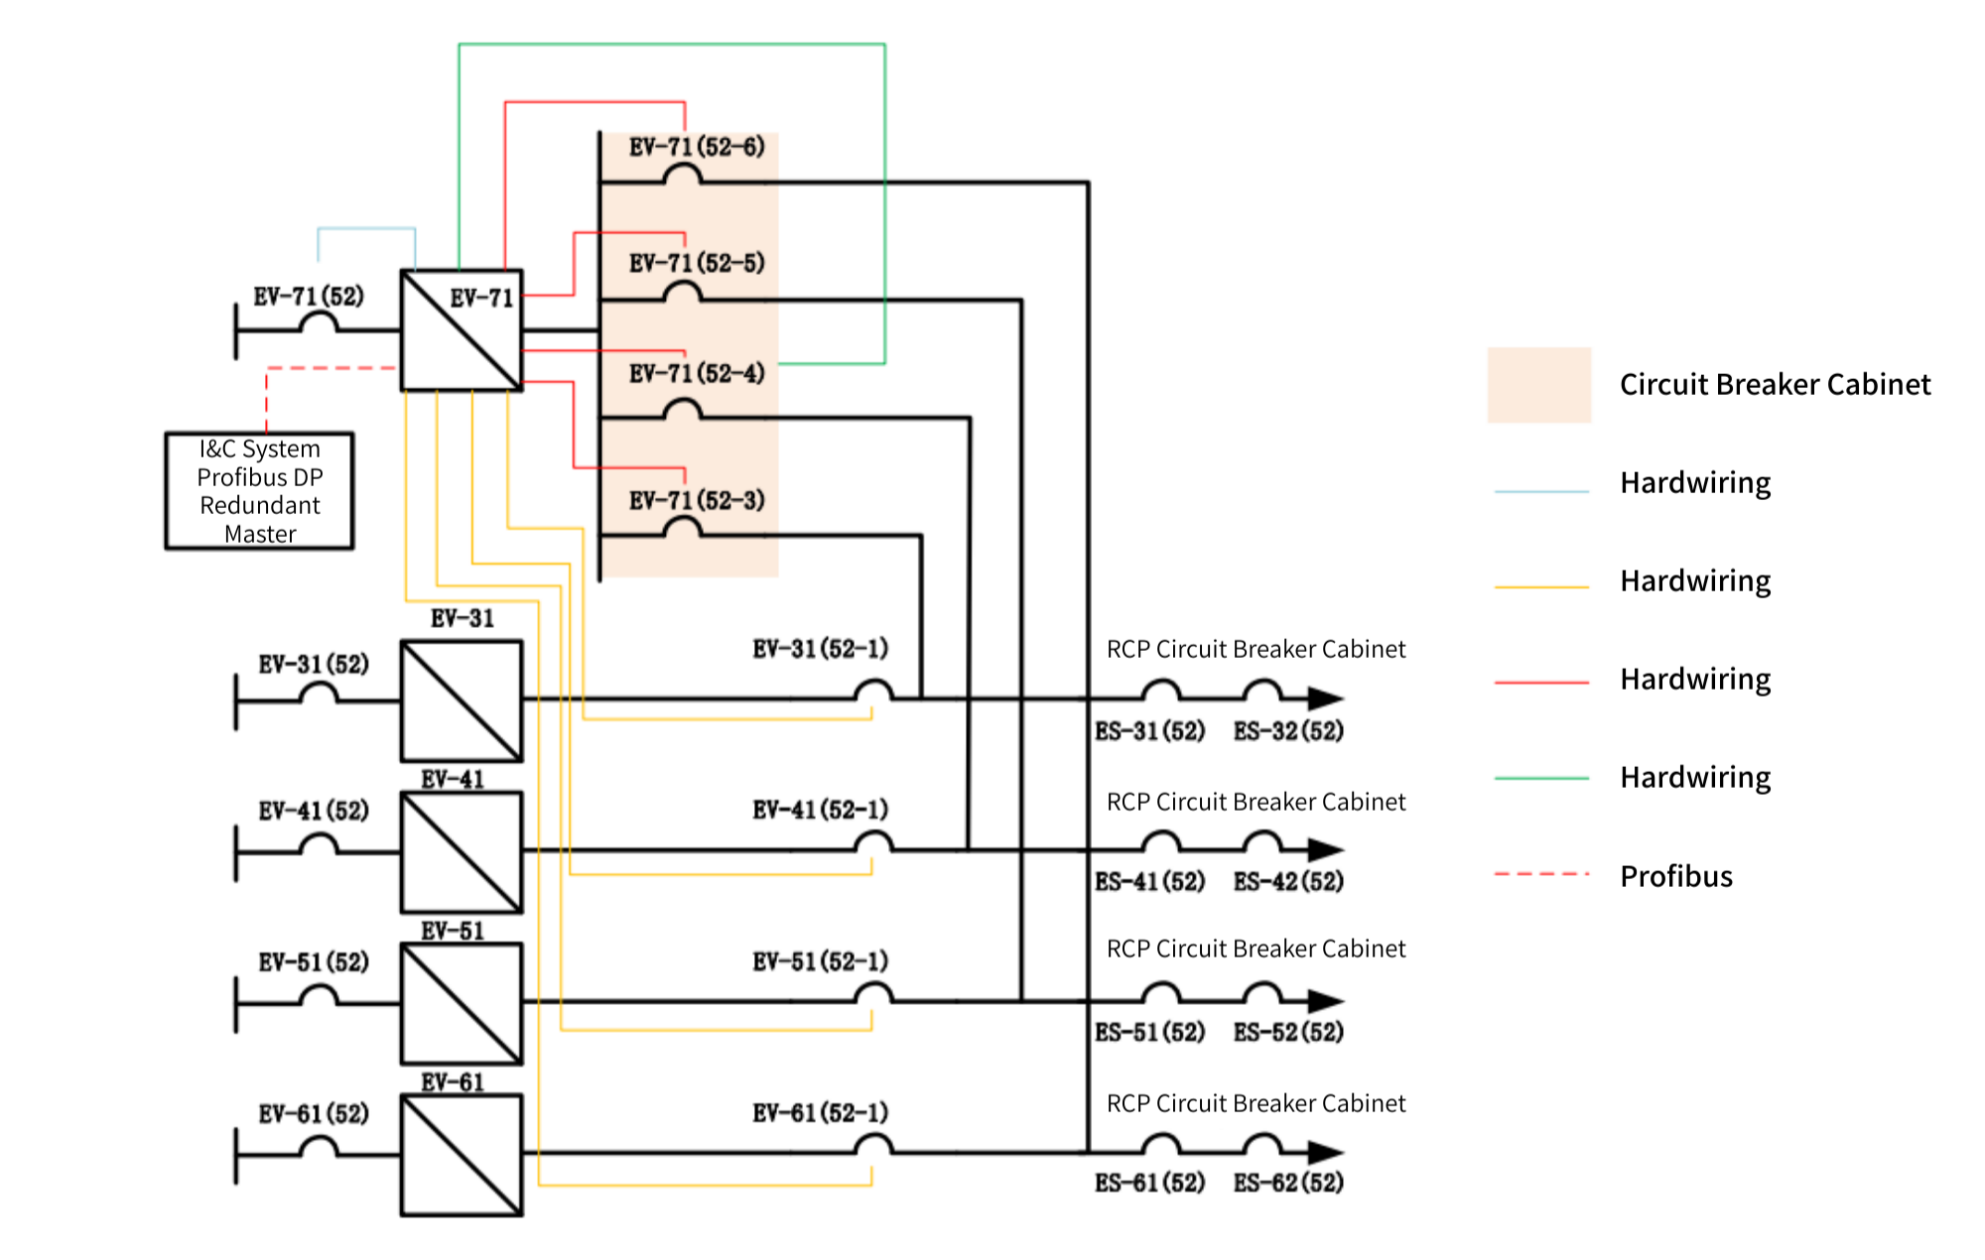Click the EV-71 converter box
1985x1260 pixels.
(x=461, y=330)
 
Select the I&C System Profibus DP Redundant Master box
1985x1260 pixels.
(x=259, y=491)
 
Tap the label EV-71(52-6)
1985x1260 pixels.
(x=697, y=147)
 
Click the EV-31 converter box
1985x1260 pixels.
(x=461, y=700)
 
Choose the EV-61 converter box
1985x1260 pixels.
(x=461, y=1155)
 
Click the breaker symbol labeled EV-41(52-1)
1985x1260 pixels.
(x=873, y=842)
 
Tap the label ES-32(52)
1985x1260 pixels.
(x=1288, y=731)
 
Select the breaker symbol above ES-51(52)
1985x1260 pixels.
(x=1160, y=992)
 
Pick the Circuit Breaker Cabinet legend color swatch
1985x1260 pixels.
(x=1538, y=385)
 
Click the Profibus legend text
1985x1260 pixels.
(x=1675, y=876)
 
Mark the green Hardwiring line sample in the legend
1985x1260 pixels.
(x=1541, y=779)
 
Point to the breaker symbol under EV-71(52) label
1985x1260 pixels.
(x=319, y=322)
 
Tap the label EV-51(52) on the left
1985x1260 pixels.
(x=314, y=961)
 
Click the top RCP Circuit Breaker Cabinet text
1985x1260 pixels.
(x=1256, y=649)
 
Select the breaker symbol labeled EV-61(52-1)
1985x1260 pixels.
(x=873, y=1145)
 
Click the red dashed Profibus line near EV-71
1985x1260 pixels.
(x=328, y=368)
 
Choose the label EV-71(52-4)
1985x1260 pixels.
(x=697, y=374)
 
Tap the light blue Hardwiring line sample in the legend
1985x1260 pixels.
(x=1541, y=491)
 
